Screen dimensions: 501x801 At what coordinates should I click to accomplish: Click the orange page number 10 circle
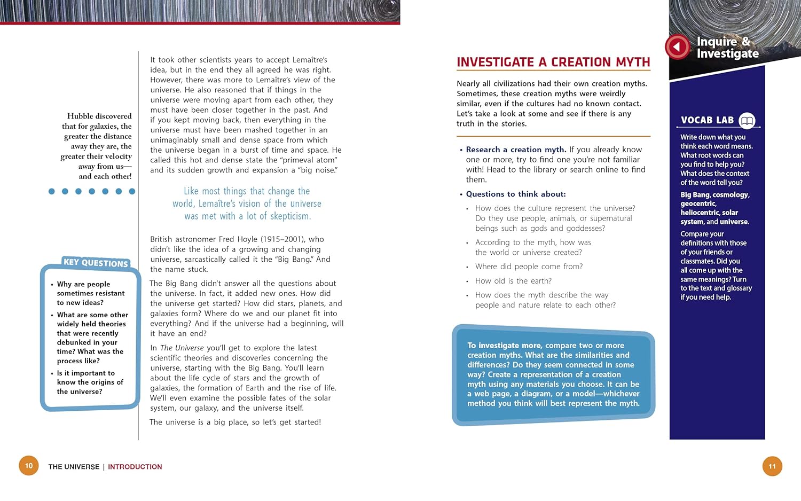(x=29, y=466)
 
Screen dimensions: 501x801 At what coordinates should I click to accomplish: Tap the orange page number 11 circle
(x=772, y=466)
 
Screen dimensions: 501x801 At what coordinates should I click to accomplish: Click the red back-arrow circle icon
(x=677, y=47)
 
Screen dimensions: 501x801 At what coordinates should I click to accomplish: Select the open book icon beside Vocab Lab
(x=747, y=121)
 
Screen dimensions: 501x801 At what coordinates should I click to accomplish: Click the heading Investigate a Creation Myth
(x=553, y=62)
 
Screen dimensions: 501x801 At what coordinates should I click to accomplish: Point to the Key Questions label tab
(x=96, y=262)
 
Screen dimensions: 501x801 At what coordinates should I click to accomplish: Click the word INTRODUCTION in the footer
(x=135, y=467)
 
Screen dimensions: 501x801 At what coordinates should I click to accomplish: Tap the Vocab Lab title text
(x=707, y=120)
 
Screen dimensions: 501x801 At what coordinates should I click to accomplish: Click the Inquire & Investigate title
(x=727, y=48)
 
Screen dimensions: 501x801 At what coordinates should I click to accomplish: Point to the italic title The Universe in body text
(x=182, y=348)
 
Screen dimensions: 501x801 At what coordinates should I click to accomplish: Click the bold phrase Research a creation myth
(x=516, y=150)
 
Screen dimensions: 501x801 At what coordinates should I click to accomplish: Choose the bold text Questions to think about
(x=516, y=194)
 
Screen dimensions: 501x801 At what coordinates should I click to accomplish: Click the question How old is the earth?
(x=513, y=281)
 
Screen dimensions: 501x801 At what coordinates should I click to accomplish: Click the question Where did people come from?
(x=529, y=267)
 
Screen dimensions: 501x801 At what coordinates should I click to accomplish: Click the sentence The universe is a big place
(x=235, y=422)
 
